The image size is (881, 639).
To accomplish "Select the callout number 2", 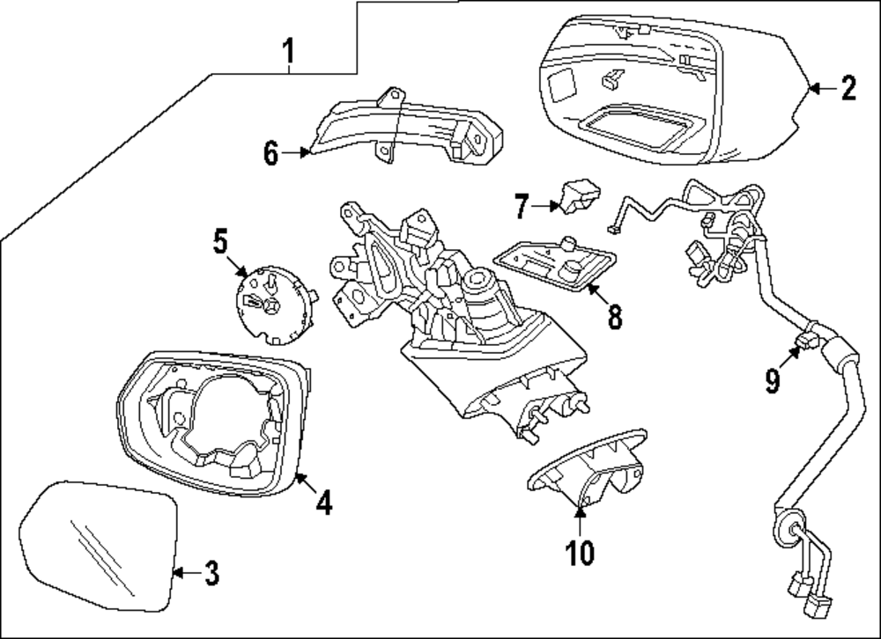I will (x=848, y=87).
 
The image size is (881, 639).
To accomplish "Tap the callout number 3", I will (x=210, y=574).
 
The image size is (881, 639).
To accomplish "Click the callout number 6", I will (x=270, y=152).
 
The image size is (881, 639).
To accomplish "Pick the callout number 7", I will (x=522, y=207).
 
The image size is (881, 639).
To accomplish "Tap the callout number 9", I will (x=773, y=379).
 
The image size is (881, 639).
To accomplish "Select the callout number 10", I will (x=580, y=552).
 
